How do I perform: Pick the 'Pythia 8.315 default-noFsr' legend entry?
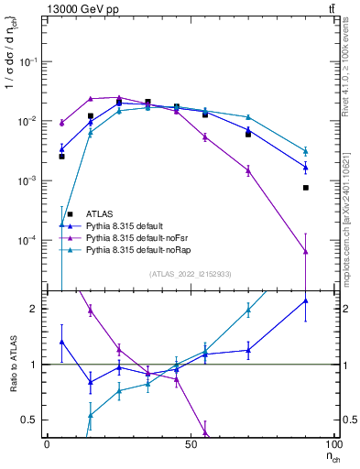point(138,237)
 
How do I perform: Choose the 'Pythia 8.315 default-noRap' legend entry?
point(139,249)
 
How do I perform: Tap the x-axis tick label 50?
point(191,444)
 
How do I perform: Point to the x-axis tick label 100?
point(333,444)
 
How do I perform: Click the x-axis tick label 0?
point(47,444)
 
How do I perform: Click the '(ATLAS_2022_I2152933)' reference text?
point(190,274)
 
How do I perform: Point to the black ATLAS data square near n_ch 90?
point(305,188)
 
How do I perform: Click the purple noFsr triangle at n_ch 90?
point(305,251)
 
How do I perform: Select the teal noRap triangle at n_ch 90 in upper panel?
point(305,151)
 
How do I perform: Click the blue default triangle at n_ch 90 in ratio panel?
point(305,300)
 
